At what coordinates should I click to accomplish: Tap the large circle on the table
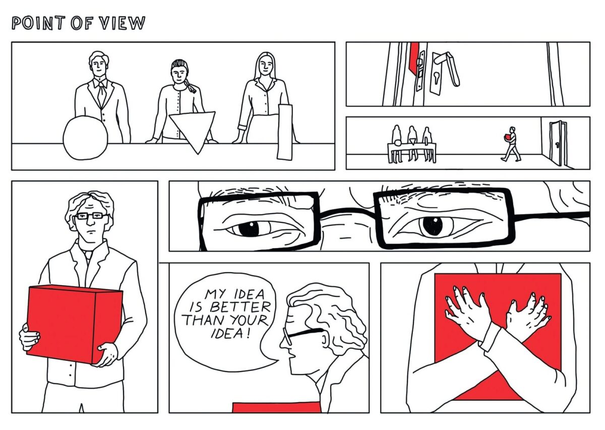[x=86, y=138]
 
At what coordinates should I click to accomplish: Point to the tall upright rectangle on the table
[x=285, y=132]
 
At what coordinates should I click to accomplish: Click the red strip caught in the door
[x=414, y=57]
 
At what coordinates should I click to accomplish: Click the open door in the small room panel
[x=559, y=144]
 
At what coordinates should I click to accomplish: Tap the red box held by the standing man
[x=75, y=325]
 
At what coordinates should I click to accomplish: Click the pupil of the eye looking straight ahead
[x=433, y=226]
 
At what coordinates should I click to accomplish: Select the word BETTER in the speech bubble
[x=240, y=307]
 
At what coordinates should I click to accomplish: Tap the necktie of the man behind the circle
[x=101, y=93]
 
